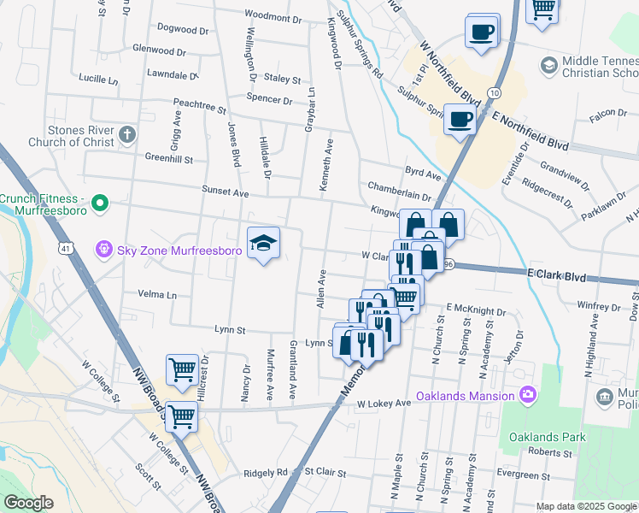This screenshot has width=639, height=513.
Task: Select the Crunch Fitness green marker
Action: (x=100, y=203)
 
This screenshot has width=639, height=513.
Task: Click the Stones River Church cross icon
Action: (x=126, y=134)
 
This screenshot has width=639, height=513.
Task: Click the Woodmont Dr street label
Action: (x=273, y=16)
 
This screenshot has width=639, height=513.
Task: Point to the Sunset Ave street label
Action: (x=225, y=192)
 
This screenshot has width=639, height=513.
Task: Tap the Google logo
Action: (x=29, y=503)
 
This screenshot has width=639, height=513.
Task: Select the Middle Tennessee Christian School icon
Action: (x=548, y=65)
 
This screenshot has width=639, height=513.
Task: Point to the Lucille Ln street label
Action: (x=97, y=80)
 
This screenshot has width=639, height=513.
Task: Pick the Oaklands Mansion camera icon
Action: (x=528, y=394)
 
